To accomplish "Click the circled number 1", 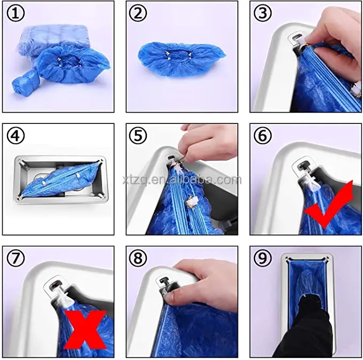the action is tap(16, 14).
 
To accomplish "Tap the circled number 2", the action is tap(138, 13).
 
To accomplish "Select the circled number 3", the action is tap(262, 13).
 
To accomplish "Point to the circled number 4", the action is tap(16, 136).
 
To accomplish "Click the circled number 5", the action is tap(138, 136).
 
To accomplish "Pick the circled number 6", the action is tap(262, 136).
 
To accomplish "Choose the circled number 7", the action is tap(16, 258).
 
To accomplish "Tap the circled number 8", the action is tap(138, 258).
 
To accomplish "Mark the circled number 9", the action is tap(262, 258).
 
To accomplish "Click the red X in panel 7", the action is tap(85, 330).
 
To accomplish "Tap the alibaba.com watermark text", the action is tap(182, 180).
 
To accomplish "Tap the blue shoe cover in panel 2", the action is tap(182, 59).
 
